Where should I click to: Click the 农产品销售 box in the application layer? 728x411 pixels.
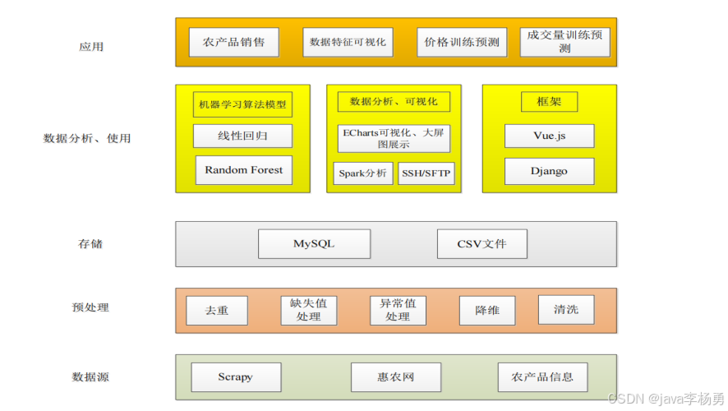(233, 42)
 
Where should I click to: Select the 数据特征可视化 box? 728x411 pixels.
(348, 42)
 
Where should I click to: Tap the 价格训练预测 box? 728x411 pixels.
(462, 42)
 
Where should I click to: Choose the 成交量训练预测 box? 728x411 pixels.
(564, 42)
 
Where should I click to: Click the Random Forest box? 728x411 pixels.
(243, 170)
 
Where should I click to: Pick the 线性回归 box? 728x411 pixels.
(243, 136)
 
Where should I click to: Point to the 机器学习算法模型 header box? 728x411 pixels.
(243, 105)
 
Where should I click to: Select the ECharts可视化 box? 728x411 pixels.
(394, 138)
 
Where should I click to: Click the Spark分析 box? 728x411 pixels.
(362, 173)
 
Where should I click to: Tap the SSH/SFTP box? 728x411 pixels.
(426, 173)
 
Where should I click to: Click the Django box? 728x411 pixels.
(549, 171)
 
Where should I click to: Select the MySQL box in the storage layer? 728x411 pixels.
(314, 244)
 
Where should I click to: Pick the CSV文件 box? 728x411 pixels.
(481, 244)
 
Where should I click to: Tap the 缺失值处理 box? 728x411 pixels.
(308, 310)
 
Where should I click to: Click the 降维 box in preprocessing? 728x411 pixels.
(486, 311)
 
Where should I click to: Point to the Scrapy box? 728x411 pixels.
(236, 377)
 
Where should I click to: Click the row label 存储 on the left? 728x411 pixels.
(90, 244)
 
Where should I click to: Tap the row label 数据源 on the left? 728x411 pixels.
(90, 377)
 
